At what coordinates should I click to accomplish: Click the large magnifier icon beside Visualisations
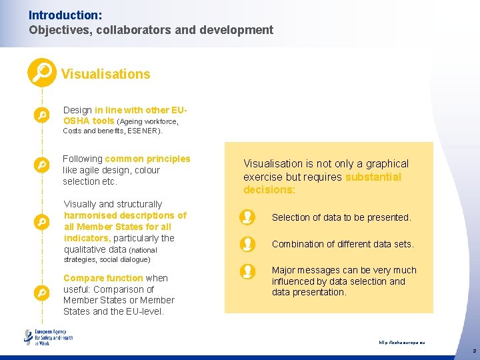[x=41, y=73]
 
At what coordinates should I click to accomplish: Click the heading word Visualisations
[x=105, y=74]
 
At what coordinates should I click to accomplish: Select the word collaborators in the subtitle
[x=126, y=30]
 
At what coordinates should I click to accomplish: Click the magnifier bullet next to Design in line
[x=41, y=115]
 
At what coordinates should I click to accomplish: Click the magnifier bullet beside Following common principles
[x=41, y=164]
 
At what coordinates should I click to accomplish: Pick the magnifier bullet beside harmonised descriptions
[x=41, y=221]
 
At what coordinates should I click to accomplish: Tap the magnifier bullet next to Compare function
[x=41, y=292]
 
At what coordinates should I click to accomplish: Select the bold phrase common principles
[x=147, y=159]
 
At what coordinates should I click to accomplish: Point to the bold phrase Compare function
[x=103, y=278]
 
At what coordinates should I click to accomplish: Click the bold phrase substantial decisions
[x=322, y=183]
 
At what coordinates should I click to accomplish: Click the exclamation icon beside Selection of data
[x=247, y=217]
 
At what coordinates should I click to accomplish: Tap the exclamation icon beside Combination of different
[x=247, y=244]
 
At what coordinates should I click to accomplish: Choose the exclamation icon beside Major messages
[x=247, y=271]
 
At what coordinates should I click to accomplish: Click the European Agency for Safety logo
[x=48, y=337]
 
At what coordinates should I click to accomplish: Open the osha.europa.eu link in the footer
[x=401, y=343]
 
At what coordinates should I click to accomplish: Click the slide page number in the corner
[x=473, y=350]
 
